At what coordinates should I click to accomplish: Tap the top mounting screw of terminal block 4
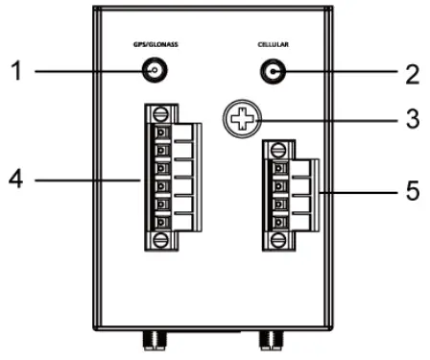coord(163,113)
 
